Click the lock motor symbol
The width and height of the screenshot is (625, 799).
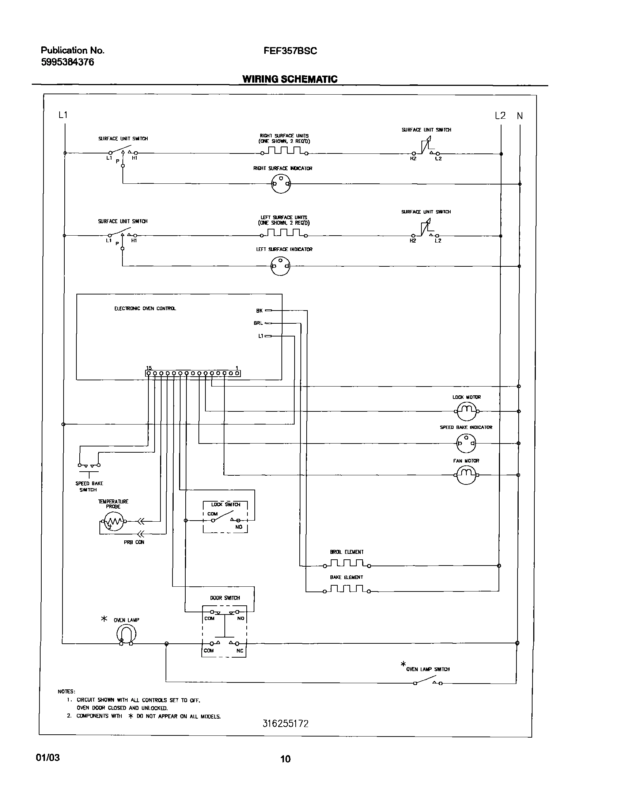[466, 411]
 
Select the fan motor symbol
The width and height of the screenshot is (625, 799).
[466, 475]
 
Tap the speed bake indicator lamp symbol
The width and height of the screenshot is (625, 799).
[466, 443]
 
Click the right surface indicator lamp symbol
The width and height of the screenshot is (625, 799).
[281, 184]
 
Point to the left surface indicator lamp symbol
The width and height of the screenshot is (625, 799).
[280, 266]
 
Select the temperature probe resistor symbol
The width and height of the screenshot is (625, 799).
[114, 521]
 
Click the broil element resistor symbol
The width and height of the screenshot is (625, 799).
[346, 564]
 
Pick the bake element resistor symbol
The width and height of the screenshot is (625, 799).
[346, 589]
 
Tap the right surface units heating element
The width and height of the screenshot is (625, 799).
[284, 151]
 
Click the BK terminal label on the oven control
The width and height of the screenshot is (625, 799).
[259, 311]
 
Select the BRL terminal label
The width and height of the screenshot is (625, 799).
[258, 323]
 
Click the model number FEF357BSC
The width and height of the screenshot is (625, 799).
[290, 51]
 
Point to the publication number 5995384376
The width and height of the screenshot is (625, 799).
[67, 62]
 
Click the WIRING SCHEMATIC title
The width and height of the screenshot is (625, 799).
[290, 79]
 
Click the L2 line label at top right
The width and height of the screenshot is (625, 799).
[500, 116]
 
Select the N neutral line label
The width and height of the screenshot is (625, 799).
[520, 116]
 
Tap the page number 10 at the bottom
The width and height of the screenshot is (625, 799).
[285, 759]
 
